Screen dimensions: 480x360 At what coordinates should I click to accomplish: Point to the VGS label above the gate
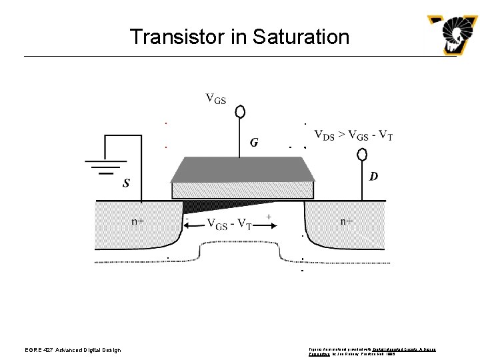point(215,100)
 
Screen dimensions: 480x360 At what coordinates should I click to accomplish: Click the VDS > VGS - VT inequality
point(353,135)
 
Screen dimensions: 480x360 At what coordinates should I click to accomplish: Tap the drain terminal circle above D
point(363,155)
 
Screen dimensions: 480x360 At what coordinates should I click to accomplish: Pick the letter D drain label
point(373,177)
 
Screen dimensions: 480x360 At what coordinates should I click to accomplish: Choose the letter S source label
point(126,183)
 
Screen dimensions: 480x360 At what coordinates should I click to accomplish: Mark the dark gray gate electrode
point(242,169)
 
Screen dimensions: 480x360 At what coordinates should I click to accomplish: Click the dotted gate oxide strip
point(242,190)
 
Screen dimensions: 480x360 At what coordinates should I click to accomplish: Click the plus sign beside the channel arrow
point(269,217)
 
